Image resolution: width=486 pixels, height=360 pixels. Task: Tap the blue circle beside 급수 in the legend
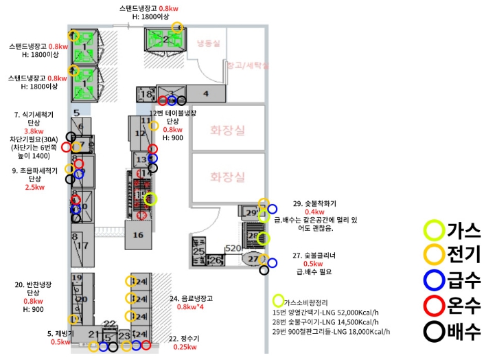(434, 280)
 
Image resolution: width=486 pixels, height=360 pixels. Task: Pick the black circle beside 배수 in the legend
(434, 331)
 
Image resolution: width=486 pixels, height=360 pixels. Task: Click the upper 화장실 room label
(227, 128)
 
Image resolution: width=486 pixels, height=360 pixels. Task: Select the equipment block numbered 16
(138, 235)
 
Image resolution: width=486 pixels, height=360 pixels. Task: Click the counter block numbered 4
(205, 93)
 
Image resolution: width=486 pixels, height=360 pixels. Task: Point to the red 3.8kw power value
(34, 131)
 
